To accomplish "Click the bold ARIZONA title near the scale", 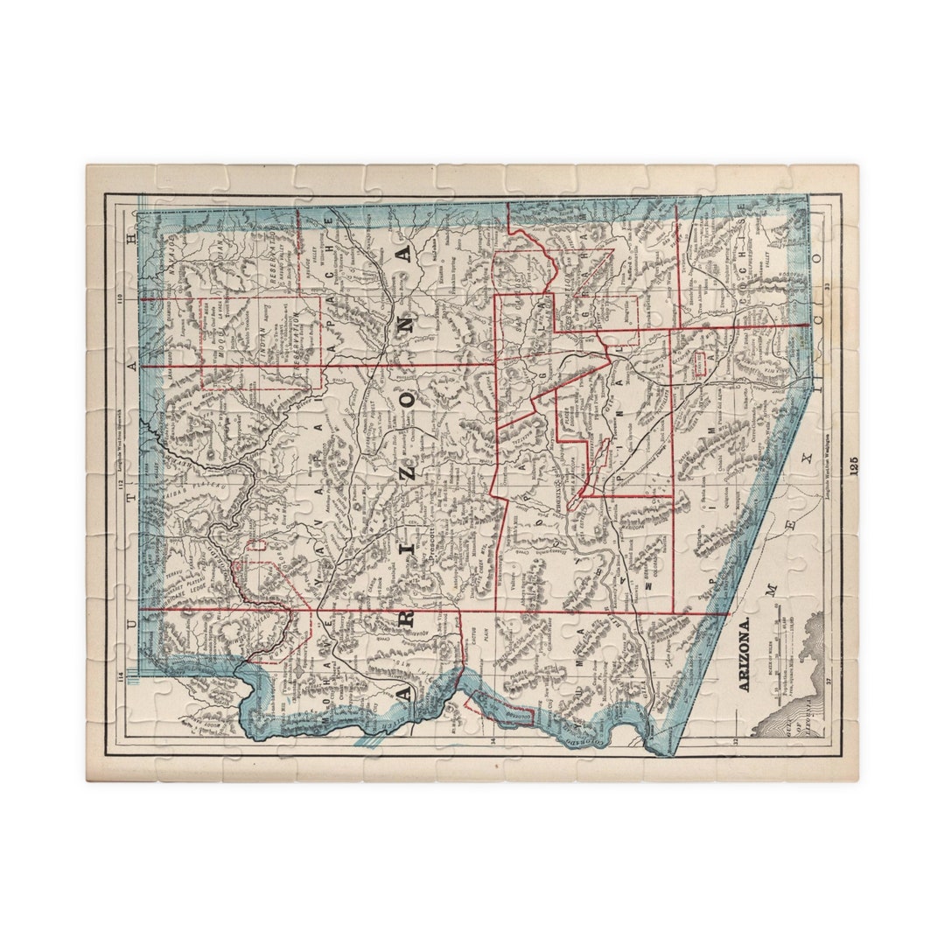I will (x=745, y=656).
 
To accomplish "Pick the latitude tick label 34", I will (x=493, y=743).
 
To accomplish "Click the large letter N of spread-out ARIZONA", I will (x=403, y=254).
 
